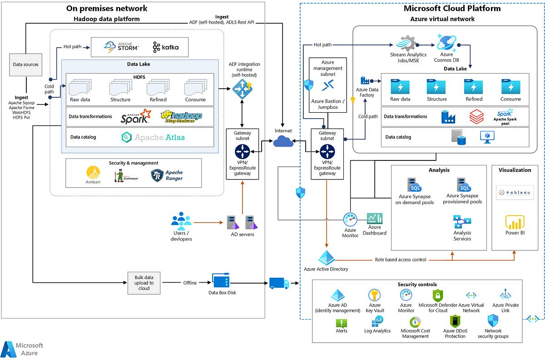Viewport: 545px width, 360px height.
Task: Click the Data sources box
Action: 25,65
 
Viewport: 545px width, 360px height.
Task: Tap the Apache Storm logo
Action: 121,46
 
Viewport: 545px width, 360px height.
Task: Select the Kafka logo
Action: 166,47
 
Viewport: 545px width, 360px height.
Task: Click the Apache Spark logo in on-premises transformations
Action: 135,116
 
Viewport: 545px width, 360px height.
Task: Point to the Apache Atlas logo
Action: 153,137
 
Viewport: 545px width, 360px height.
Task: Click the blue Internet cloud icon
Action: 283,142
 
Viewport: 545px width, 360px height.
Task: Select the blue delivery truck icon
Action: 279,283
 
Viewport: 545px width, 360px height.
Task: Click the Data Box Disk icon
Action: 221,280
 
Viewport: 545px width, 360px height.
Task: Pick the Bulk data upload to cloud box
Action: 144,283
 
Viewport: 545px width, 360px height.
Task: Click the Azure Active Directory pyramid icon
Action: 326,258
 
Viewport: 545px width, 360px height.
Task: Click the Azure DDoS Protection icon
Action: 455,321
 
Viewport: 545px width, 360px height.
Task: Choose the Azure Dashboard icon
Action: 375,218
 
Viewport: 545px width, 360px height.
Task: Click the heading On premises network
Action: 107,8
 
